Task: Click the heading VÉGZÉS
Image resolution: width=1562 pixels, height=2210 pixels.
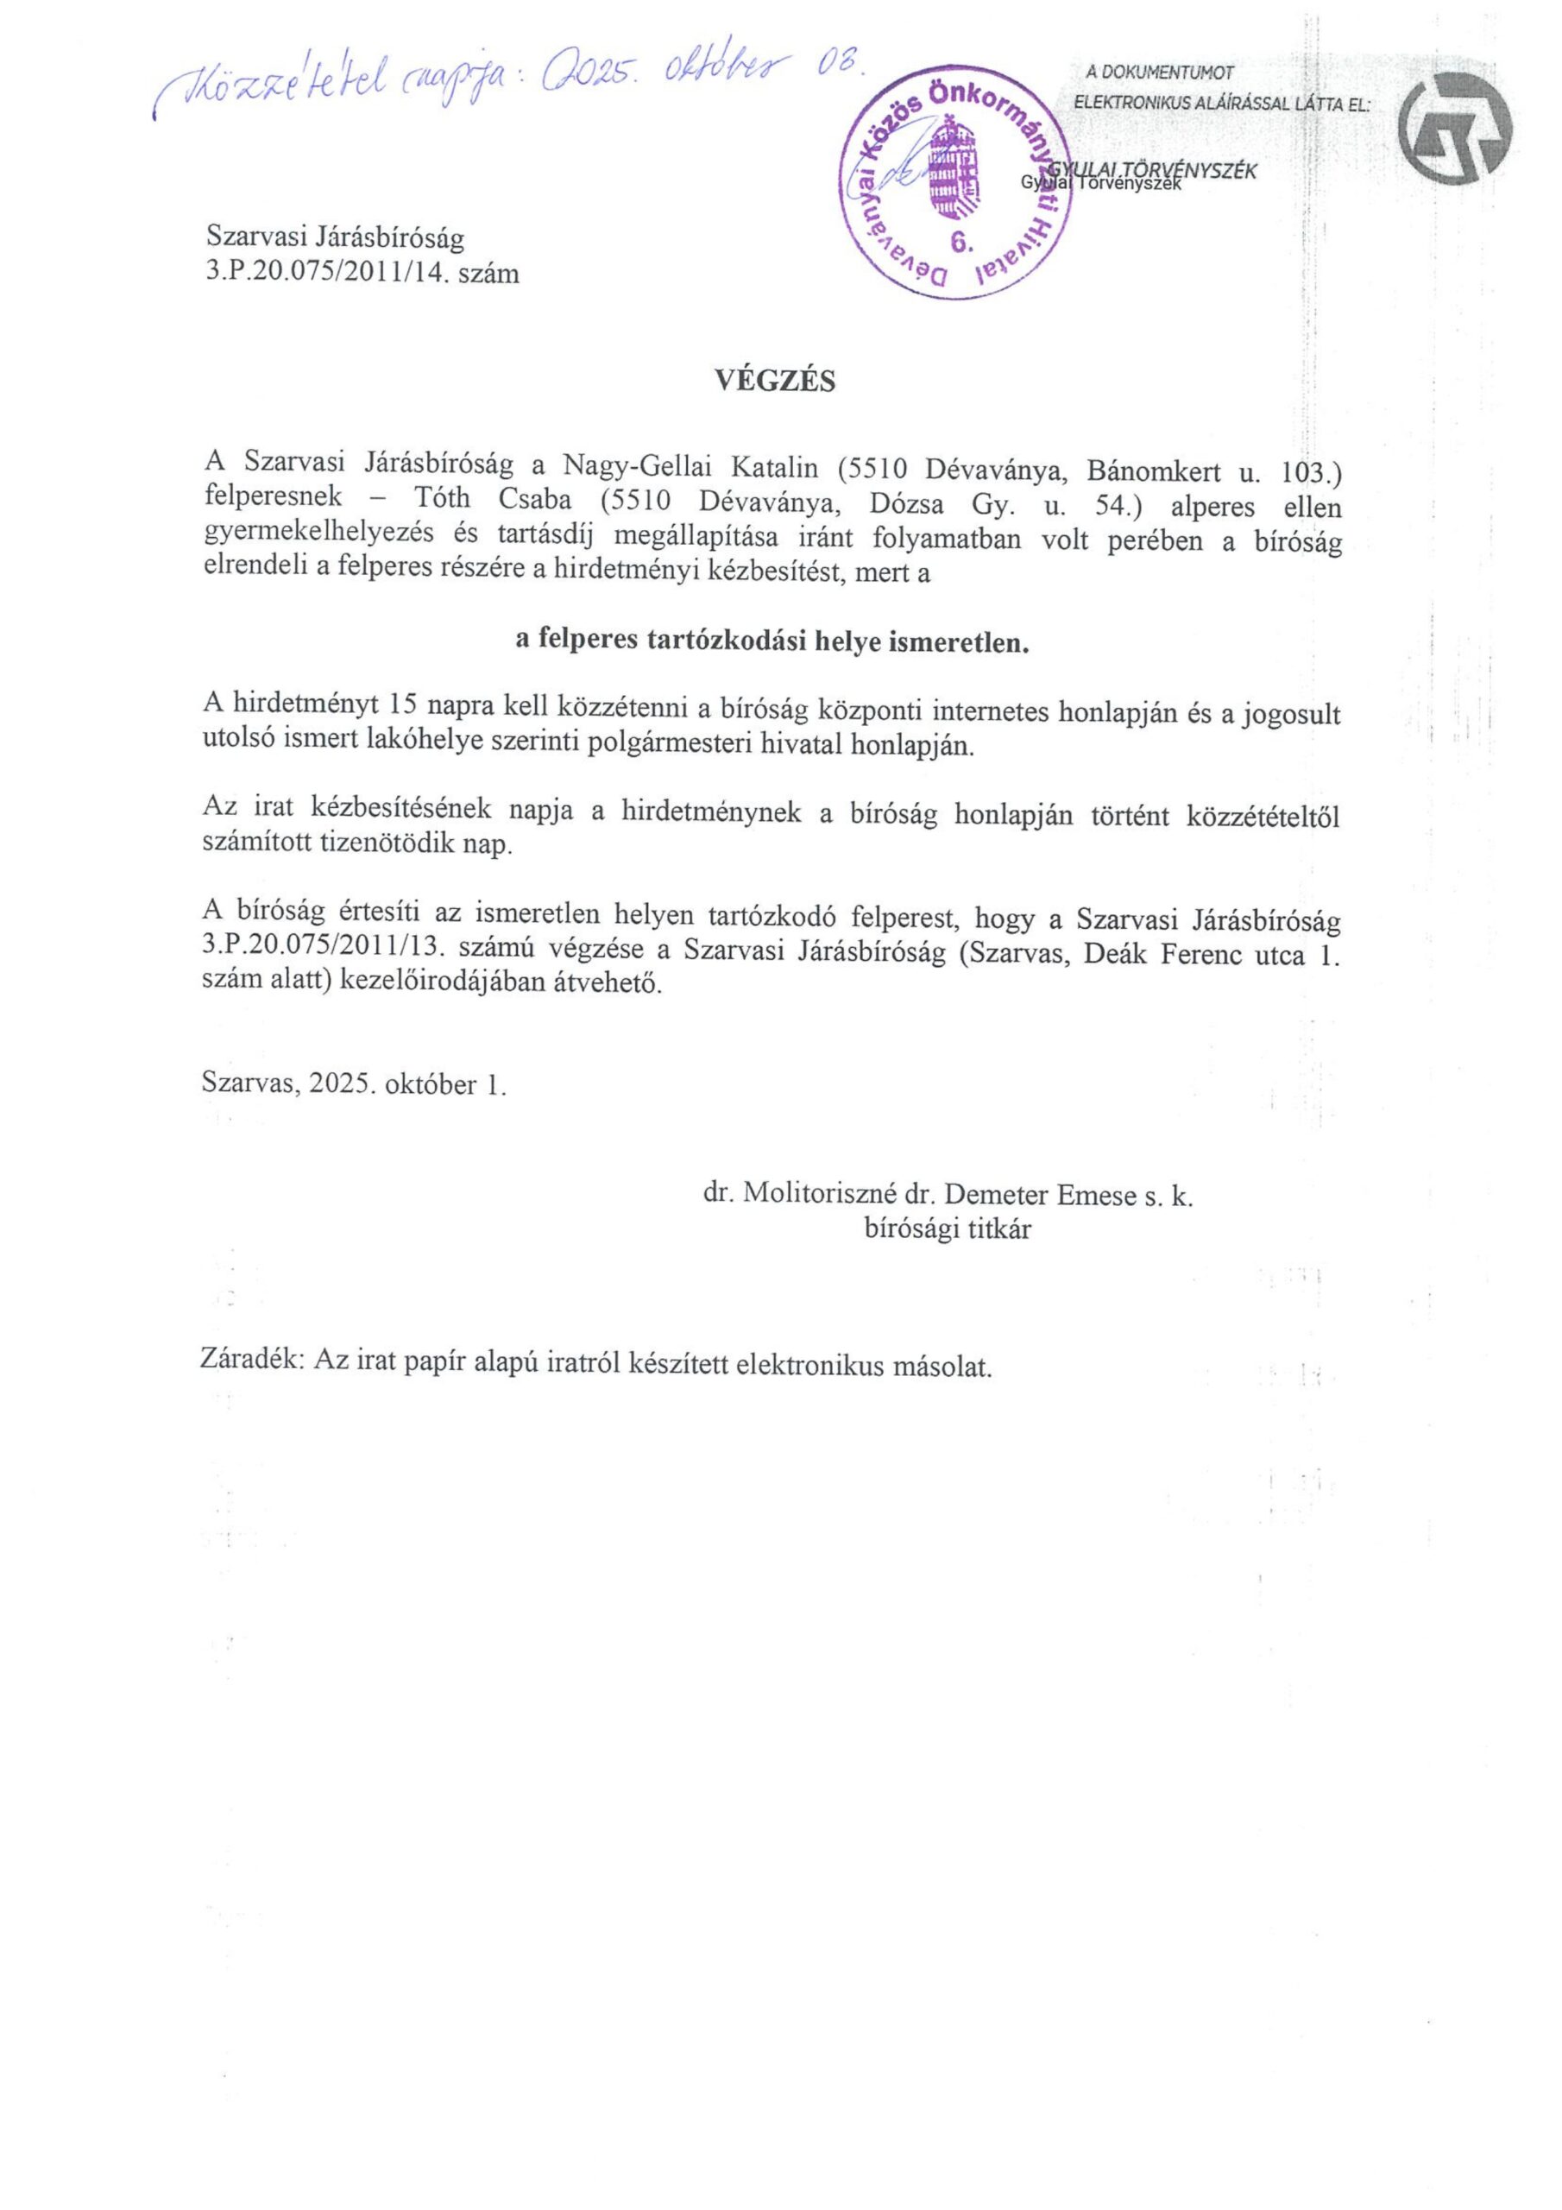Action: pyautogui.click(x=775, y=382)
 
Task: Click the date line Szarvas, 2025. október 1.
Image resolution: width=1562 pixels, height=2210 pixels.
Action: pyautogui.click(x=354, y=1085)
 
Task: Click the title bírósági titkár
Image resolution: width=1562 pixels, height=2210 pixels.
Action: pyautogui.click(x=947, y=1230)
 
